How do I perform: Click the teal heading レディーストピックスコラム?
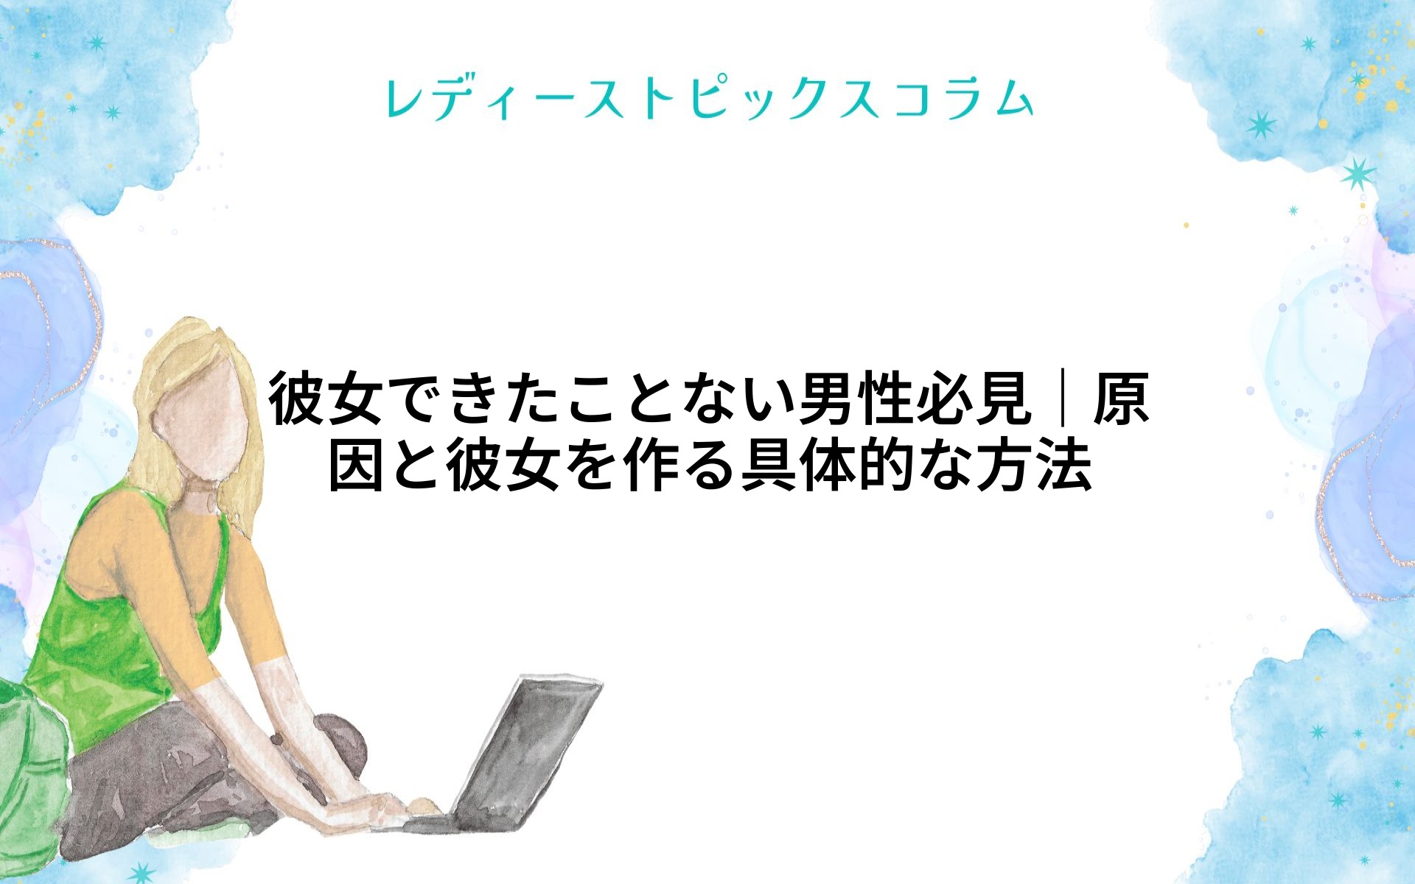(710, 98)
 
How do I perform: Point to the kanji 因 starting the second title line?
(356, 465)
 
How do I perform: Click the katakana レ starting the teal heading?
(405, 98)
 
